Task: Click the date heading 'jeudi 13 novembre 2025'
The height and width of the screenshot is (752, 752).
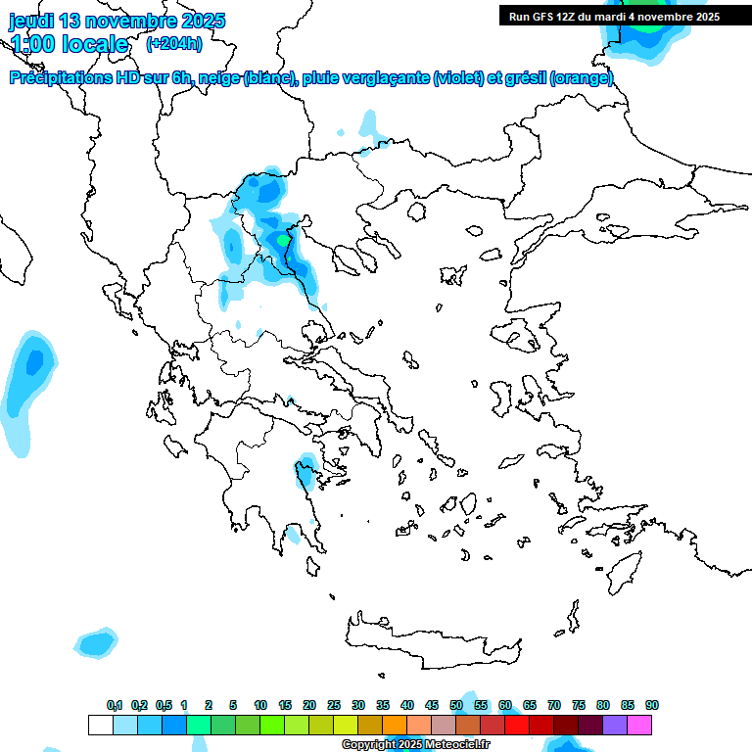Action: tap(117, 21)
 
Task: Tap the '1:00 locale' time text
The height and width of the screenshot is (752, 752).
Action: tap(70, 44)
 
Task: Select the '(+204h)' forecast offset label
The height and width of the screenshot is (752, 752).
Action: tap(174, 43)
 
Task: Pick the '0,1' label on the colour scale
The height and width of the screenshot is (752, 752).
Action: tap(115, 705)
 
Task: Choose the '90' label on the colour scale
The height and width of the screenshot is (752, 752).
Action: tap(651, 705)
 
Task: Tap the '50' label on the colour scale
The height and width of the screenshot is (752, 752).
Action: tap(456, 705)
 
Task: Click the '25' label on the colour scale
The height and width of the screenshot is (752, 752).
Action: tap(334, 705)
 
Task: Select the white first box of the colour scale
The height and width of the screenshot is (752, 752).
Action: tap(101, 725)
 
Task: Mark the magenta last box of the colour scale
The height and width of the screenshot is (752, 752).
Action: tap(639, 725)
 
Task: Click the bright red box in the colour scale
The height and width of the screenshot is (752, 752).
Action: tap(517, 725)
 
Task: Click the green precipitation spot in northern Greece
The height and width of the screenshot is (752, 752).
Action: tap(283, 239)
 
